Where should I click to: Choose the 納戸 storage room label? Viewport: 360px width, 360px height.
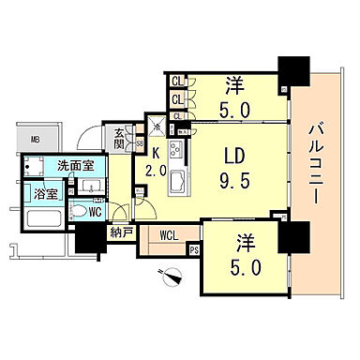(x=121, y=232)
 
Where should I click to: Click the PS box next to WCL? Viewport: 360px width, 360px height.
(x=194, y=249)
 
